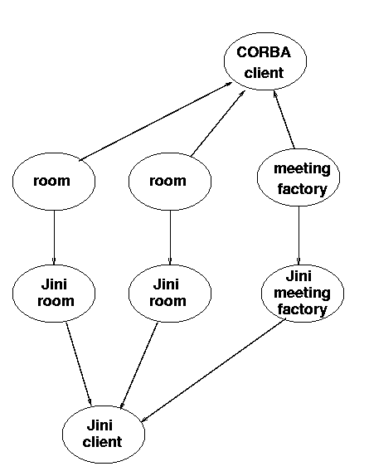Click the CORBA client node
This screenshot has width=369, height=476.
[x=265, y=61]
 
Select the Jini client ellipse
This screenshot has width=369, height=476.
[x=104, y=435]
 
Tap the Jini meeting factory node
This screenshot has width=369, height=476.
[x=303, y=294]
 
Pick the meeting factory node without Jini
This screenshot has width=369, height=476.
[x=299, y=177]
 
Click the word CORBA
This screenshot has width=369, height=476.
[x=264, y=52]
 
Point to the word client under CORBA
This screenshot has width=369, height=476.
[x=264, y=73]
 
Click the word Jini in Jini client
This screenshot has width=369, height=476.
[x=100, y=425]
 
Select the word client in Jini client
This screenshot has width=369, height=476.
[x=102, y=442]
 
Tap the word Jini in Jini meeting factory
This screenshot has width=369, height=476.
[x=299, y=276]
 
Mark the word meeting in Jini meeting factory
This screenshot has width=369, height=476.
[x=302, y=294]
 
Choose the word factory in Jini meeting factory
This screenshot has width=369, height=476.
[x=302, y=309]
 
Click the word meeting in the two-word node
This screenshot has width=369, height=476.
[x=302, y=169]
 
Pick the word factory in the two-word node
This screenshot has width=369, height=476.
[x=302, y=189]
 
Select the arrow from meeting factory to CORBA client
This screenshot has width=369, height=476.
[x=284, y=119]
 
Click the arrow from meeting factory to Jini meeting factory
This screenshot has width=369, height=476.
[x=299, y=236]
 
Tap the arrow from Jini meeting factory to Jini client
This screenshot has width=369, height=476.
[x=214, y=370]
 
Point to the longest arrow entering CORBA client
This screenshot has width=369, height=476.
[x=156, y=121]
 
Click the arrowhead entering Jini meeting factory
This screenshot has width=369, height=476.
[x=299, y=261]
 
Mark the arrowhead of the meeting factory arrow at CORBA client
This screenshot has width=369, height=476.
[x=274, y=94]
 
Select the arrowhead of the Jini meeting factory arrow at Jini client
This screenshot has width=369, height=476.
[x=144, y=420]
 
